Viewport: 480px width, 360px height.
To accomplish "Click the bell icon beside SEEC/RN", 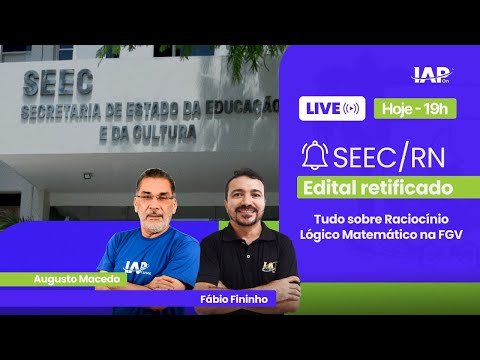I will tap(316, 156).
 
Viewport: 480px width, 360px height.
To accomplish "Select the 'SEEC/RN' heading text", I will tap(386, 156).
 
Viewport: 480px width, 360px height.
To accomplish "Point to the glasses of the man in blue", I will tap(152, 196).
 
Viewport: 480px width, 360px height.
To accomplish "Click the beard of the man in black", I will tap(246, 222).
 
